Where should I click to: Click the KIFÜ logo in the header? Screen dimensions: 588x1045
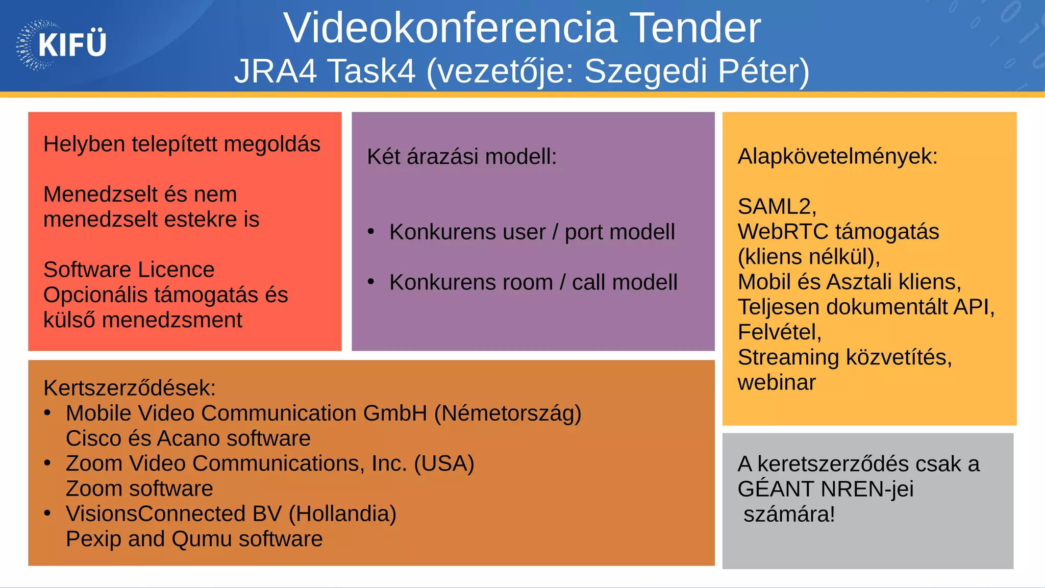click(61, 45)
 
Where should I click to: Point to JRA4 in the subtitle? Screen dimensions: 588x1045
click(276, 71)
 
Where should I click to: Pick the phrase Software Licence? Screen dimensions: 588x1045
click(129, 269)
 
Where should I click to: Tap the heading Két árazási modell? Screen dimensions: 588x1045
click(462, 157)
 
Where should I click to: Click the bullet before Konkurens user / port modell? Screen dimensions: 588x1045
click(371, 232)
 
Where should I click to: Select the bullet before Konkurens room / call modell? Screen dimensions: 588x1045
click(371, 282)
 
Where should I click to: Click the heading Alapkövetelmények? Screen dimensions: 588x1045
click(837, 156)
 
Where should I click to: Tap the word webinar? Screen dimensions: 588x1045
click(777, 382)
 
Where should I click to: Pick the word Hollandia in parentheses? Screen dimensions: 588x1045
click(342, 514)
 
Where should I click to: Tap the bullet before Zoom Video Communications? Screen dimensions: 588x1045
click(47, 463)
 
